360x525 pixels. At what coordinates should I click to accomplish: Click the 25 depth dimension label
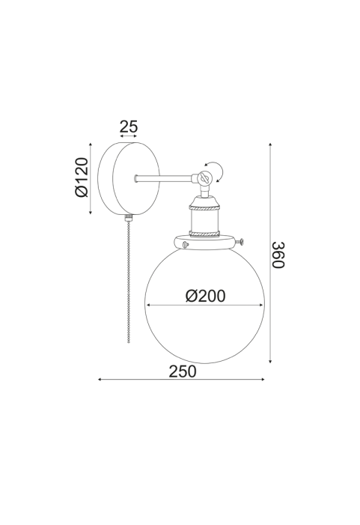pos(129,127)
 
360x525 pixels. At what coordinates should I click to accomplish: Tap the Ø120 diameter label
pos(82,177)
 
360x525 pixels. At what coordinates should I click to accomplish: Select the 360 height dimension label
pos(278,255)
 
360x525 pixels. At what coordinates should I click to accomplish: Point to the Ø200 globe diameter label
pos(205,296)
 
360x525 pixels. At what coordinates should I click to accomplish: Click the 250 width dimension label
pos(183,371)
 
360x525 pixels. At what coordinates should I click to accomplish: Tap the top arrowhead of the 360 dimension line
pos(270,145)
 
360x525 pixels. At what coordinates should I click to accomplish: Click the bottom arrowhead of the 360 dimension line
pos(270,361)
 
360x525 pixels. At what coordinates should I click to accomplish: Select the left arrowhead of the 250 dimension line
pos(100,380)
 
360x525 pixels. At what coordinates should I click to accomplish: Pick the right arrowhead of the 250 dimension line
pos(263,380)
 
